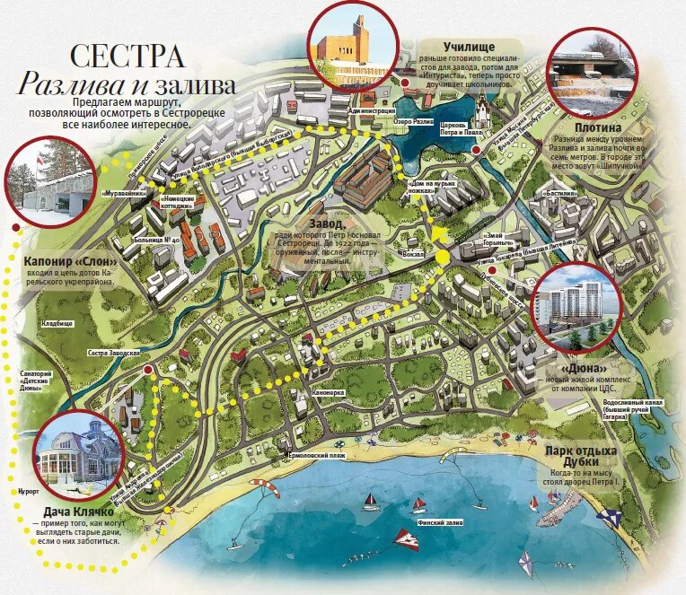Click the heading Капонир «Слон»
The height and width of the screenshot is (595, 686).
(68, 261)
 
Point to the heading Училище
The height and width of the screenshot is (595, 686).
(471, 45)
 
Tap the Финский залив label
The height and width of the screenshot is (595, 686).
(438, 520)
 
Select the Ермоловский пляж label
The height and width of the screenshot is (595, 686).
(314, 457)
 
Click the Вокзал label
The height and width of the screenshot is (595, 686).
(415, 254)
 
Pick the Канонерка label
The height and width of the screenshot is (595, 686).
(329, 392)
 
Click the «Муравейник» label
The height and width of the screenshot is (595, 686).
(119, 192)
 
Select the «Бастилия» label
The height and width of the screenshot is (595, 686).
(559, 192)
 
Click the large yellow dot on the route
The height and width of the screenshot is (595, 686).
(443, 258)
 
